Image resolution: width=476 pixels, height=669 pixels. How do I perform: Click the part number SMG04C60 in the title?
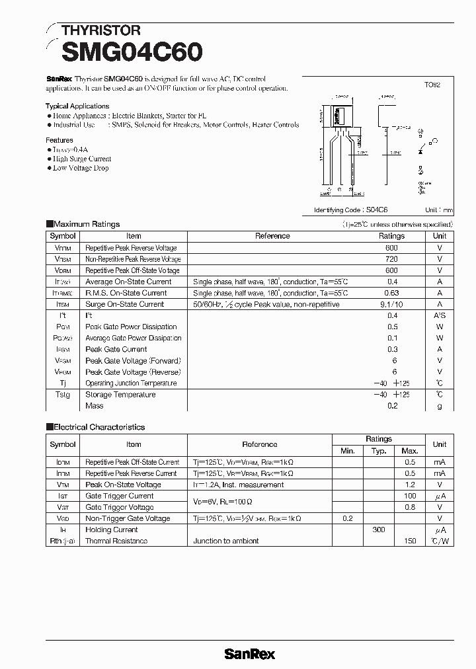click(x=132, y=52)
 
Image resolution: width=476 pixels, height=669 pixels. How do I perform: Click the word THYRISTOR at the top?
click(x=100, y=30)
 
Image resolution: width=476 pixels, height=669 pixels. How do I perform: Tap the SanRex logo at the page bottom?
click(x=249, y=654)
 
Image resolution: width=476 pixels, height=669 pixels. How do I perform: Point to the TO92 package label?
click(x=432, y=85)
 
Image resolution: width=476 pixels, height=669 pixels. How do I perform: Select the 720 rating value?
click(x=391, y=259)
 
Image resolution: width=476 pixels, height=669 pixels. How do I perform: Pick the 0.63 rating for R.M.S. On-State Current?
click(x=391, y=293)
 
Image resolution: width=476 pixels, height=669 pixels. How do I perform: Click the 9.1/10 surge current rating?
click(x=391, y=304)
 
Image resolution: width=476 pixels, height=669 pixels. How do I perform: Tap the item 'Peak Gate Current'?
click(x=116, y=349)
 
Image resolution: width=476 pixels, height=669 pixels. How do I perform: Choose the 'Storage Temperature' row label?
click(x=120, y=395)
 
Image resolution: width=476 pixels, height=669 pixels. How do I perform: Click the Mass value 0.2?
click(x=392, y=406)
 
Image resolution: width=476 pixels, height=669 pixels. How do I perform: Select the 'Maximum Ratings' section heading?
click(x=86, y=224)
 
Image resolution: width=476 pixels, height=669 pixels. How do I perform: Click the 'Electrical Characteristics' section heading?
click(x=99, y=427)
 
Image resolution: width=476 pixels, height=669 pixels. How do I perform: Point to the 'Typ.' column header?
click(x=378, y=450)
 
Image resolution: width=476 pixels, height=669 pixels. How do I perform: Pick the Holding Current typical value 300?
click(x=378, y=530)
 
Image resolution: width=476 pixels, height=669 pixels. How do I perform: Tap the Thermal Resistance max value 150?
click(x=410, y=541)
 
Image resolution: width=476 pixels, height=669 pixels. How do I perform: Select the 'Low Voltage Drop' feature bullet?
click(x=81, y=168)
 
